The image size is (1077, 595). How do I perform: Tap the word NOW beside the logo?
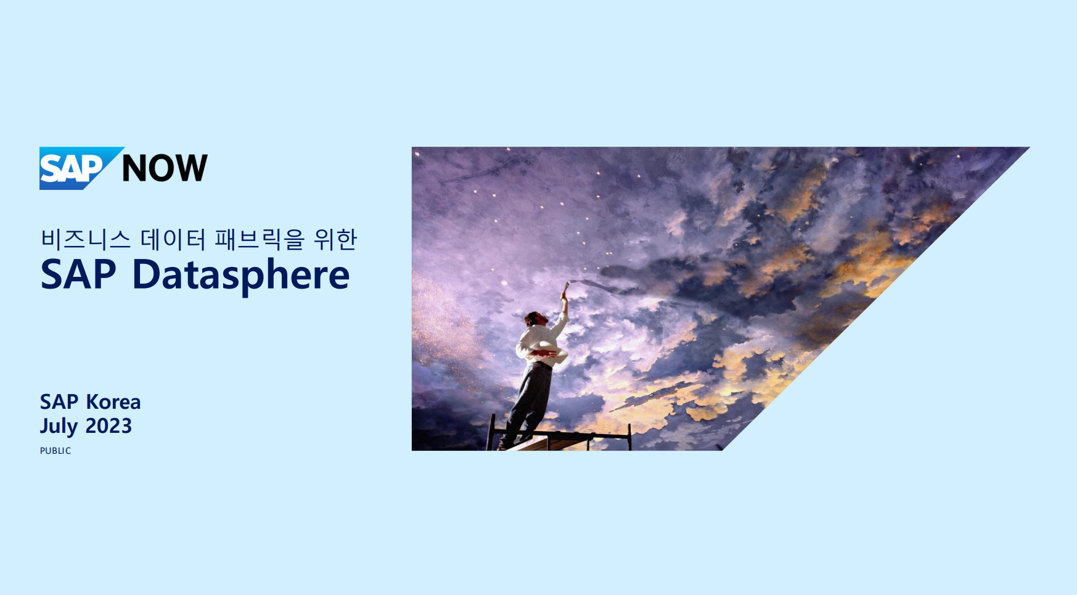click(165, 168)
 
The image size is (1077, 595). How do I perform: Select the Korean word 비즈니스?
click(86, 239)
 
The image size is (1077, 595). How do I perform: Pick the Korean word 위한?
click(335, 239)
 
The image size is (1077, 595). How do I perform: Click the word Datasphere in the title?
click(241, 275)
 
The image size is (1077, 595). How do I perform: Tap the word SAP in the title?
click(78, 274)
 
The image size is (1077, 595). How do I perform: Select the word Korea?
click(113, 402)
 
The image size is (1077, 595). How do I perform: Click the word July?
click(59, 427)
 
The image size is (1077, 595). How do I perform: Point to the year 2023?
click(109, 425)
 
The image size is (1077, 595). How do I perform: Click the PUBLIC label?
click(55, 451)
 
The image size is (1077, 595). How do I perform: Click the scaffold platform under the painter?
click(561, 439)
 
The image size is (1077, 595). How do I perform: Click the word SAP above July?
click(59, 402)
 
